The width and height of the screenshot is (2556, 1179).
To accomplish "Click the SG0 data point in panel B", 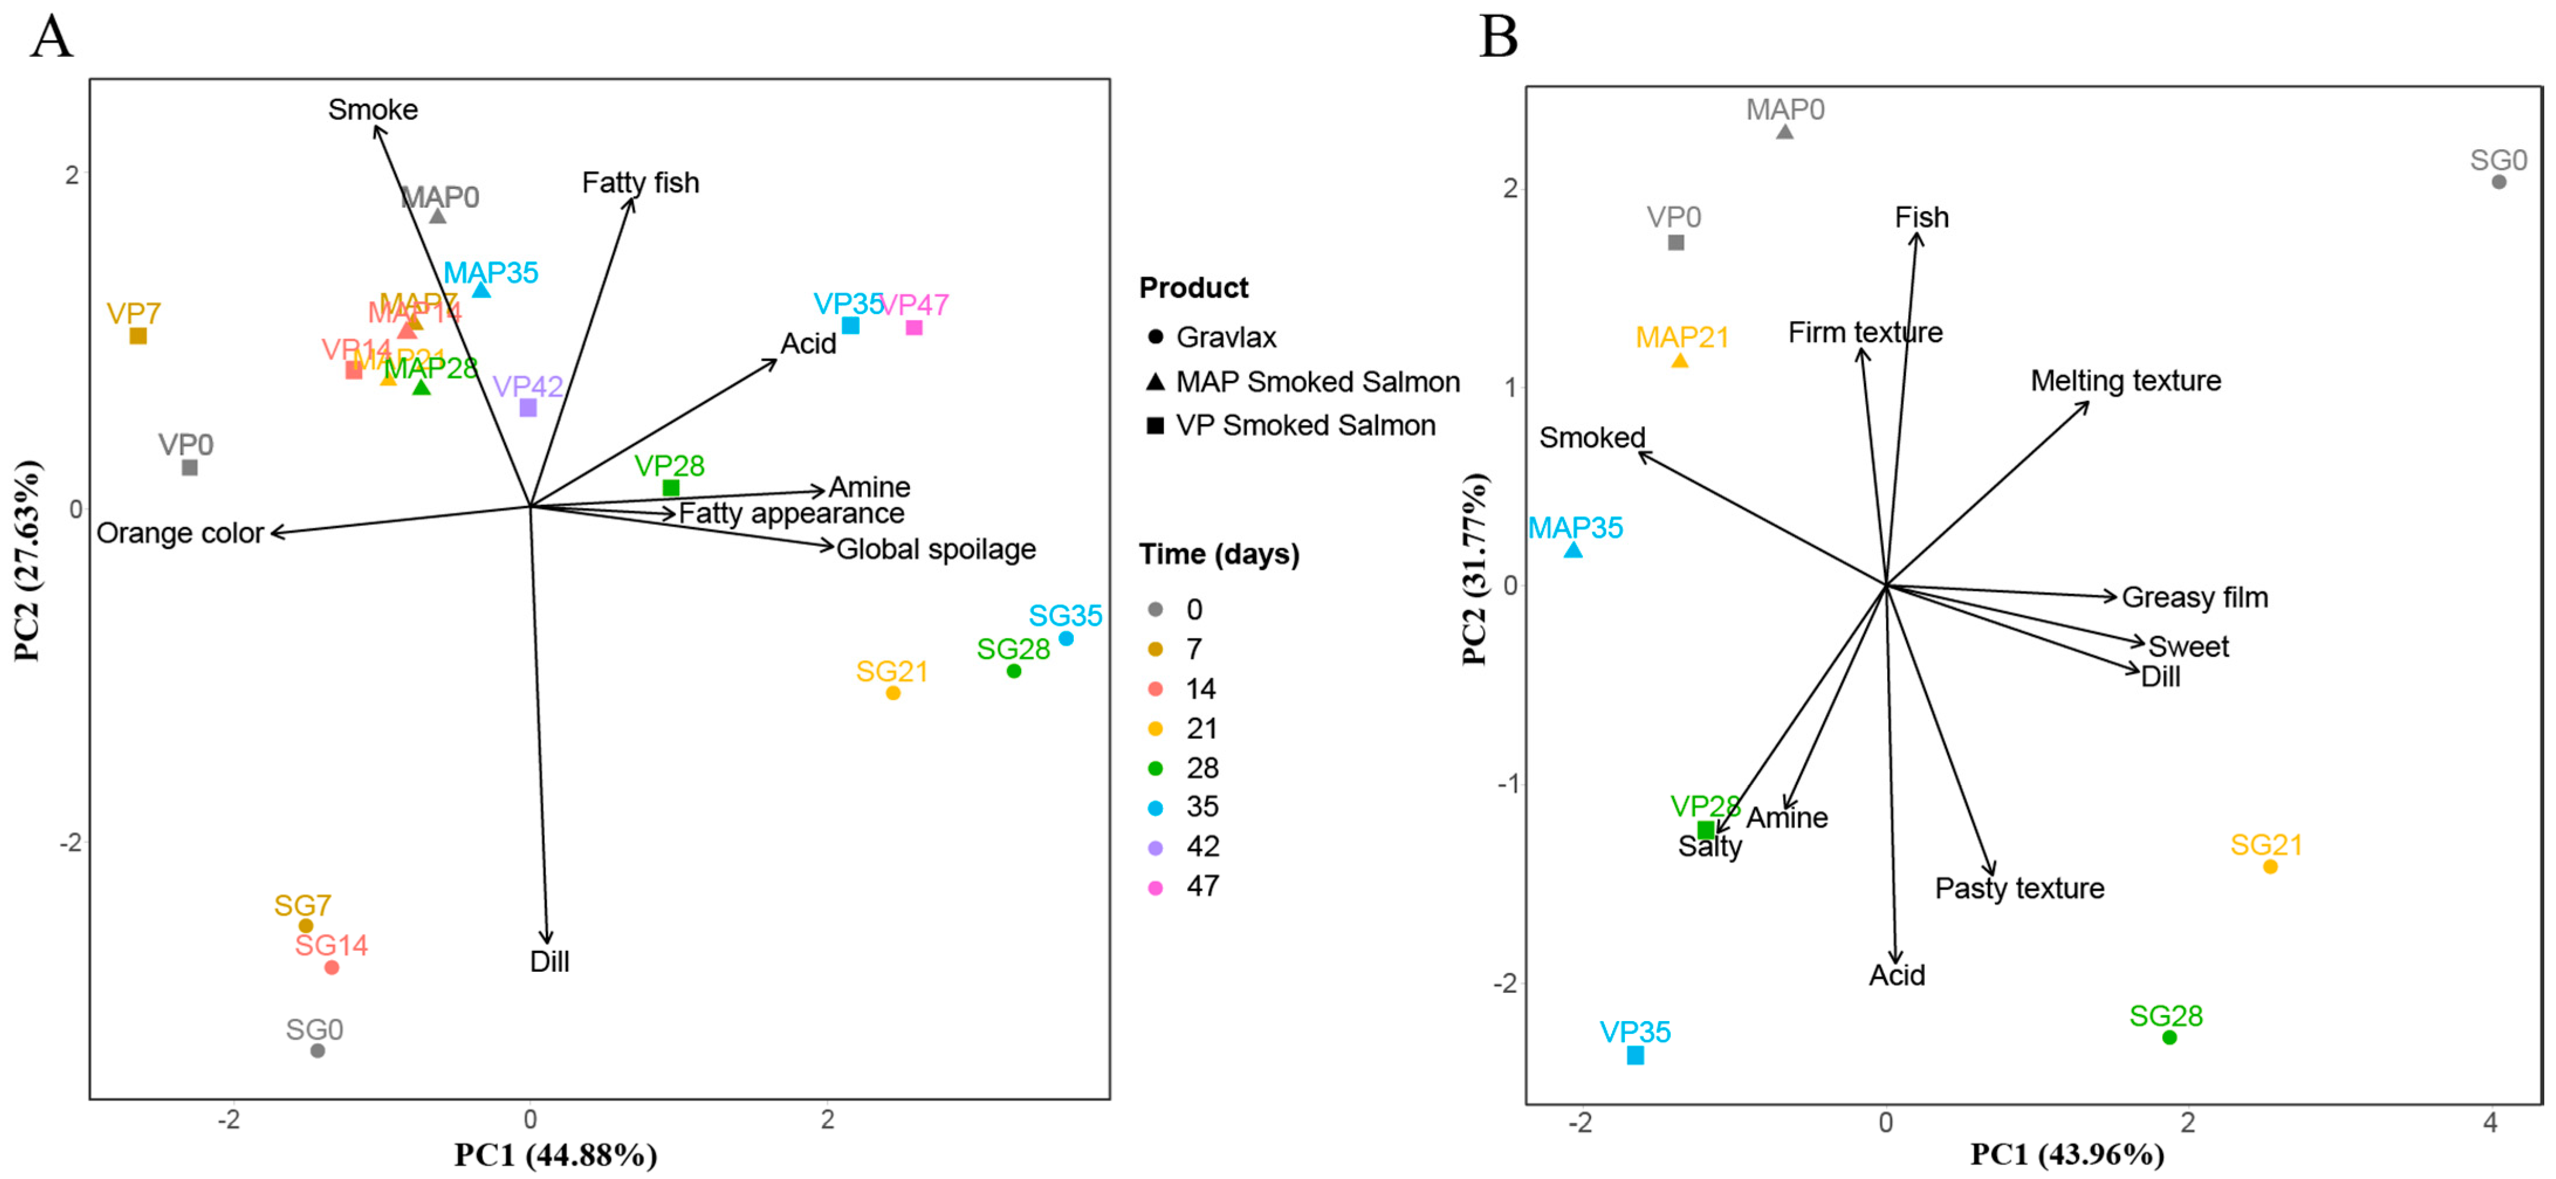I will [x=2499, y=181].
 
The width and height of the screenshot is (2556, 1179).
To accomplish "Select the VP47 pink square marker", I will [x=914, y=328].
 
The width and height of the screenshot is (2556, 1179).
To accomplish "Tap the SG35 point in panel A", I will [x=1066, y=638].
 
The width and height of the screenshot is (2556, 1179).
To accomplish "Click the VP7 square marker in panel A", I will [x=138, y=335].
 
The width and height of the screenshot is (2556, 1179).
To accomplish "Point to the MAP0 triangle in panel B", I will [x=1784, y=131].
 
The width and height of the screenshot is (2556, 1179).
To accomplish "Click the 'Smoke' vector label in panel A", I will [x=373, y=109].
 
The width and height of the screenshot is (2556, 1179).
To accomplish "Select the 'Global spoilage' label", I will [x=936, y=549].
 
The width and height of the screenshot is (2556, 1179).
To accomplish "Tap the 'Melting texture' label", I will [x=2125, y=380].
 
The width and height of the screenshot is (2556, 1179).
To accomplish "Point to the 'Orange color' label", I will [x=180, y=533].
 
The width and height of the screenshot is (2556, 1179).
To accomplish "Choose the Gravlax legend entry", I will [x=1225, y=338].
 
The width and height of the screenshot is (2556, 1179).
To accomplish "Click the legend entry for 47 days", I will [x=1201, y=885].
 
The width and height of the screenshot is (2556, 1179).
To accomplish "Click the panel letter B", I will [x=1498, y=37].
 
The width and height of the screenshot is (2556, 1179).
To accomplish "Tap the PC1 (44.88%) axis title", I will [x=556, y=1154].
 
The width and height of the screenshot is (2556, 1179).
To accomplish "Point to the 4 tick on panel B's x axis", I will [x=2489, y=1122].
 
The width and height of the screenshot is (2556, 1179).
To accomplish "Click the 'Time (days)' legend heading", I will [x=1218, y=554].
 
